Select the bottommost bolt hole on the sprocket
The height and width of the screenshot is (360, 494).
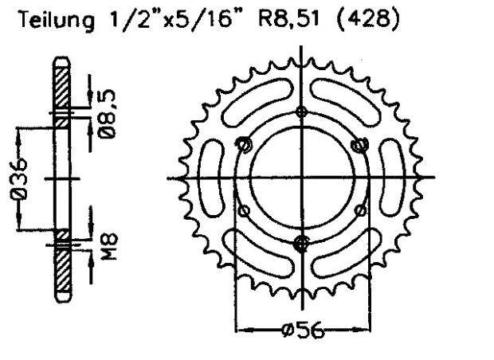(301, 243)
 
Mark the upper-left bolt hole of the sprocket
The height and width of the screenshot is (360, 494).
(244, 144)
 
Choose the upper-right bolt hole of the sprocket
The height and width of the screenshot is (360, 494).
(360, 144)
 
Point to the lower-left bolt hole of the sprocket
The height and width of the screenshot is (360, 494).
(244, 210)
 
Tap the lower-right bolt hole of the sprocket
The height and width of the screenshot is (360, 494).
(360, 210)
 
